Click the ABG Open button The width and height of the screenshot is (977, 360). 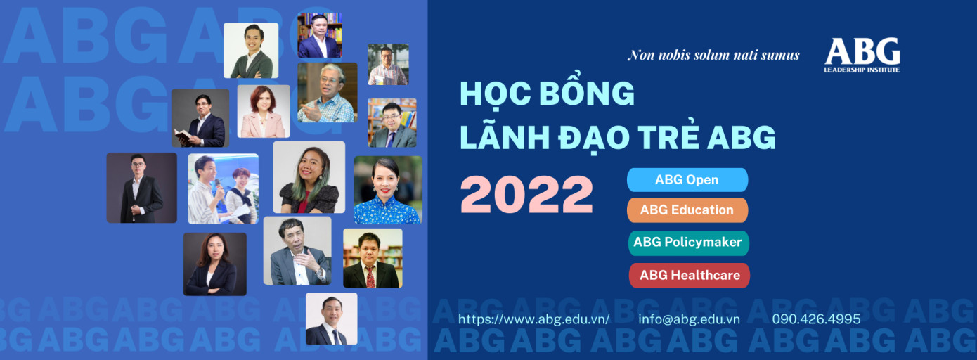[687, 180]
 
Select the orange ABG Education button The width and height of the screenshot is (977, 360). [687, 210]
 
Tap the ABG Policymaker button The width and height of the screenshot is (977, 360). [688, 243]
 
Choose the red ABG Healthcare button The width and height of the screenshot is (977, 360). [689, 276]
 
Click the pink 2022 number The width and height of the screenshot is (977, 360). [527, 195]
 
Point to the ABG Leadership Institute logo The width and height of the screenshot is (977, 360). [862, 55]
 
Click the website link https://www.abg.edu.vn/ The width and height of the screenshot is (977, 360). [534, 319]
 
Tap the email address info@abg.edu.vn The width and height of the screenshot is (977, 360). [689, 319]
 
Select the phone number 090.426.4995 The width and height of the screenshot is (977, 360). [817, 319]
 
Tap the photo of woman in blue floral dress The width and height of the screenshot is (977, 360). [388, 191]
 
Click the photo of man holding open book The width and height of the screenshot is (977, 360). [200, 118]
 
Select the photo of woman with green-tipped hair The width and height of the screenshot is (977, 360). [309, 177]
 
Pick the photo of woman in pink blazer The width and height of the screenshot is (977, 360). [264, 111]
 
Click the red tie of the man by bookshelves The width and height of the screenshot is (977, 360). [370, 276]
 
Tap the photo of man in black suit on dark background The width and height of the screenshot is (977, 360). [142, 188]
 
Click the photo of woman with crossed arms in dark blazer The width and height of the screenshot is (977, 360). [215, 264]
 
